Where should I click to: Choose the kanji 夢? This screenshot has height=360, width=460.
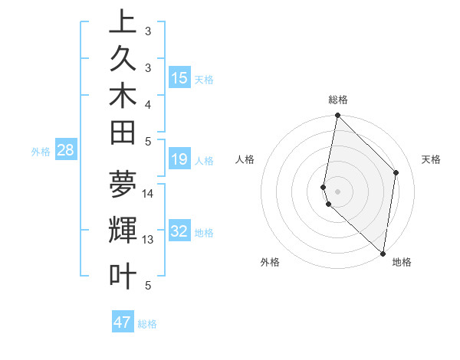(123, 184)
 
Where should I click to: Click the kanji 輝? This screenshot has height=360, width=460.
(123, 231)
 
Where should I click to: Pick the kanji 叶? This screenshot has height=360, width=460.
(123, 276)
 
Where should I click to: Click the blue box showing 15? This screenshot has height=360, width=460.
(179, 78)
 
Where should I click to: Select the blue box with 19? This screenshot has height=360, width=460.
(179, 159)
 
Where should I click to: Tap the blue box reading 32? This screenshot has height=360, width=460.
(179, 231)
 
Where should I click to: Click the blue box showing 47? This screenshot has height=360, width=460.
(123, 322)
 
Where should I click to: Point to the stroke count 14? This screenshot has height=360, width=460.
(148, 193)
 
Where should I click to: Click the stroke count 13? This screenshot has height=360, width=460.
(148, 240)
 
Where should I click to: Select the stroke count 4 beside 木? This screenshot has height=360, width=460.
(148, 103)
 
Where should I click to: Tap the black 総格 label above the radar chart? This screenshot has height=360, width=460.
(337, 100)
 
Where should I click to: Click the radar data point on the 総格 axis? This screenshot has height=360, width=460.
(337, 116)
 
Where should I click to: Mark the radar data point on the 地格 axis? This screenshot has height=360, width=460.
(383, 253)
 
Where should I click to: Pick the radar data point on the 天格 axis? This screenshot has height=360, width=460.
(396, 172)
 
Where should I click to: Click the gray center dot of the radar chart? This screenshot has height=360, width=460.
(337, 191)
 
